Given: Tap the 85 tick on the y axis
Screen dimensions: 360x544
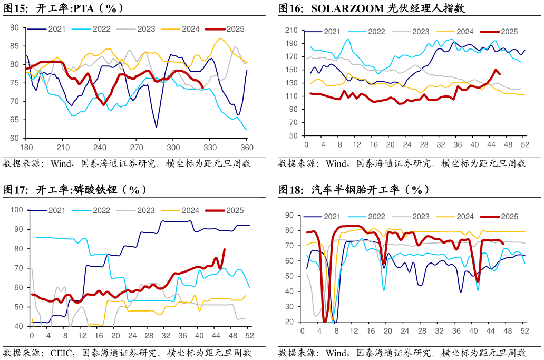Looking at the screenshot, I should click(x=14, y=46).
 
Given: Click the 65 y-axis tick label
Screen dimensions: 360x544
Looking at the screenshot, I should click(x=14, y=120).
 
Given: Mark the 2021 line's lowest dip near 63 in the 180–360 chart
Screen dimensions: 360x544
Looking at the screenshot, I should click(x=156, y=127).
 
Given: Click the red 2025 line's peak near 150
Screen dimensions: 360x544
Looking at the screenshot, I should click(x=496, y=70).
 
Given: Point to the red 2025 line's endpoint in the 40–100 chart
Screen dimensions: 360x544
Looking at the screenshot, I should click(x=225, y=249).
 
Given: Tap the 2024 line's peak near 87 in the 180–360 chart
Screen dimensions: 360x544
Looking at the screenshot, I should click(x=220, y=38).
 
